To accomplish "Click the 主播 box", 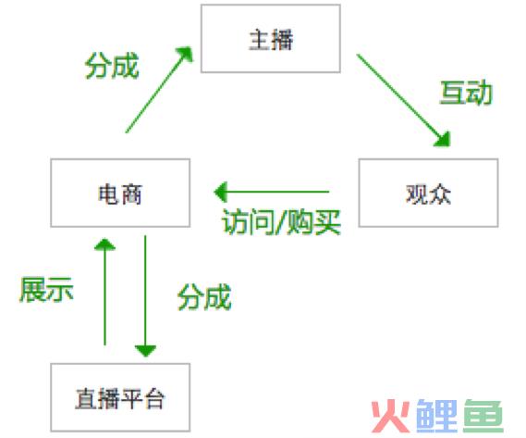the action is point(271,38).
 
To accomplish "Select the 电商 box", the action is point(120,193).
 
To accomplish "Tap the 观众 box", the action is point(428,193).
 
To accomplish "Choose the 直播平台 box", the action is point(120,397).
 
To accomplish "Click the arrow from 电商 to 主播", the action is point(159,90).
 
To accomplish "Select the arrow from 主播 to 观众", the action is point(403,100).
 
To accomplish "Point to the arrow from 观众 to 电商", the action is point(272,192).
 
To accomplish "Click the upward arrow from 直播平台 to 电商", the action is point(105,292).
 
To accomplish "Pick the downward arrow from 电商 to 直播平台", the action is point(145,295).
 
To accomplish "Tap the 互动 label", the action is point(466,93).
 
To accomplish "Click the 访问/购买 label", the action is point(281,221).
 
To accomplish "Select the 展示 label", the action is point(46,290).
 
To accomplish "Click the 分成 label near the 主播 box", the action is point(112,66).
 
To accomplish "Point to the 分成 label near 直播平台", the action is point(204,296).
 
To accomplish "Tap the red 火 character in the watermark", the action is point(391,416).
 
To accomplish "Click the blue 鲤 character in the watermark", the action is point(436,416).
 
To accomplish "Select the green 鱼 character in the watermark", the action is point(483,416).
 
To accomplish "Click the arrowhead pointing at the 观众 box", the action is point(443,140).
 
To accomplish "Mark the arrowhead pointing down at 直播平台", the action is point(145,351).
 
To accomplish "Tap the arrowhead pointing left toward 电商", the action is point(220,192).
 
